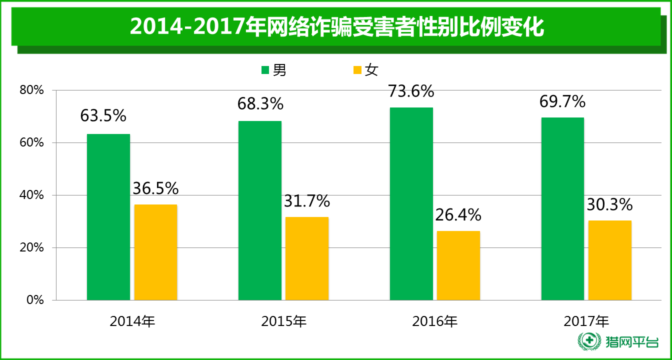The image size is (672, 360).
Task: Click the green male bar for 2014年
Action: click(108, 217)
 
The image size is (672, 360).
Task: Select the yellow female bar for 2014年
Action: click(155, 252)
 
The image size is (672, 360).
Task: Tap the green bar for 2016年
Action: click(411, 203)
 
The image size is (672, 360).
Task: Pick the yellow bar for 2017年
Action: click(610, 260)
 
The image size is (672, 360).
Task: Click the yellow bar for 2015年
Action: click(307, 258)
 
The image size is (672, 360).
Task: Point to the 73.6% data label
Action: click(411, 91)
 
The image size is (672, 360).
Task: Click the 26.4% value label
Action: click(458, 215)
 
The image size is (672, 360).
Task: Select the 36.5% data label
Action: click(155, 188)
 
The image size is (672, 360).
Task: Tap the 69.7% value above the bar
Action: click(562, 102)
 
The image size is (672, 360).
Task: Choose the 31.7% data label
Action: click(307, 201)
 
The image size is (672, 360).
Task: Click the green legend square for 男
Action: click(265, 70)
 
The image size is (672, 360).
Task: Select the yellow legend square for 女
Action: click(357, 70)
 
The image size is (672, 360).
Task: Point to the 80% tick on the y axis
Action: click(32, 90)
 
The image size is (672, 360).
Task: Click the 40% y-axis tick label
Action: click(32, 195)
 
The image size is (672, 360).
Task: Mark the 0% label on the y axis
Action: click(35, 300)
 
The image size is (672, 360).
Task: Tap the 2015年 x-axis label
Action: click(284, 321)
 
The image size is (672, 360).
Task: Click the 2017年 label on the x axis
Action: click(586, 321)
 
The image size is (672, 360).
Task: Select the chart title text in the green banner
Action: click(336, 27)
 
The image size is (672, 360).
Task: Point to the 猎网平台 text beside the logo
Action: click(631, 342)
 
